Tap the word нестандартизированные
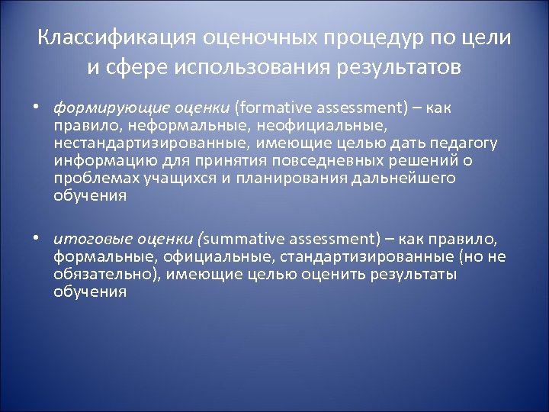[x=134, y=143]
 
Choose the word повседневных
[x=309, y=160]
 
